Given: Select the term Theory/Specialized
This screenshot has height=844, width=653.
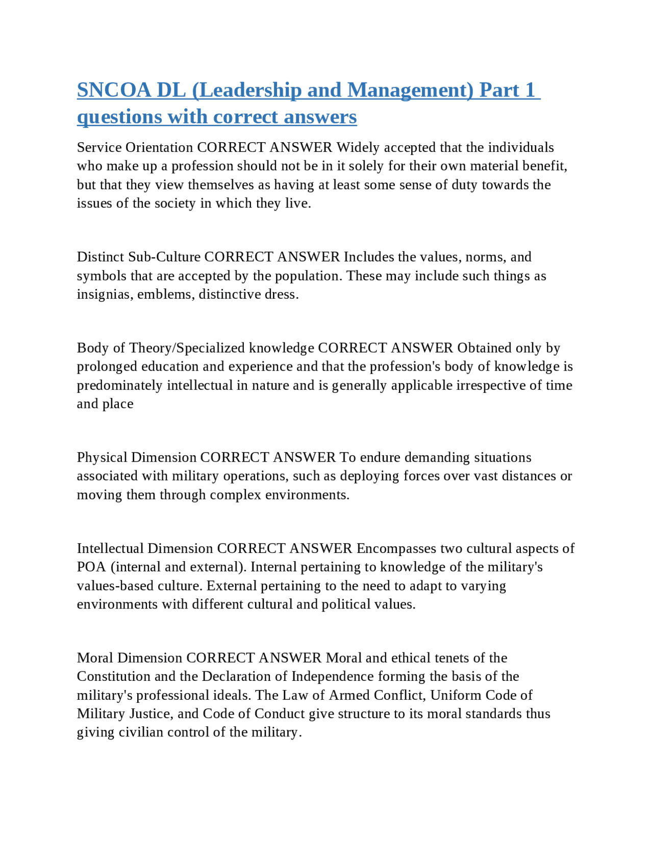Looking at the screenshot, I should [187, 348].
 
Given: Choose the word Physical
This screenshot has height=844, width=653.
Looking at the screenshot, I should [102, 458].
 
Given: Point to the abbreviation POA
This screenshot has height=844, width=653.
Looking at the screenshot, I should [91, 567].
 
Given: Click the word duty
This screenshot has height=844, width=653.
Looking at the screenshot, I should [464, 184].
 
